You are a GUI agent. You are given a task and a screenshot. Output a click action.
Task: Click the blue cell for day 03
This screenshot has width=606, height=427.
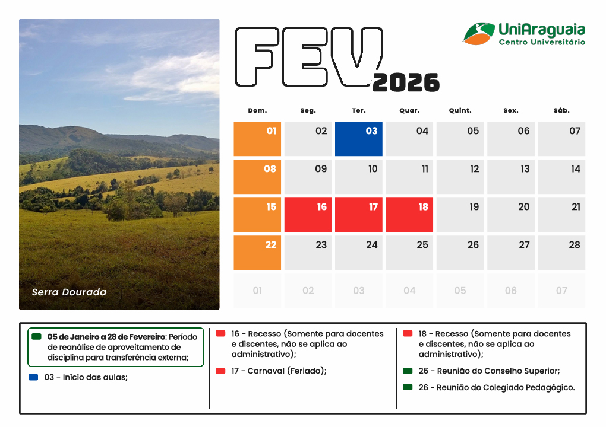pyautogui.click(x=359, y=139)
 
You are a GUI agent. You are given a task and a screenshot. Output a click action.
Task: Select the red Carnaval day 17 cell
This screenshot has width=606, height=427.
pyautogui.click(x=359, y=215)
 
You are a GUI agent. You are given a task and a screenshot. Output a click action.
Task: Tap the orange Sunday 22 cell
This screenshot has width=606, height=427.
pyautogui.click(x=257, y=253)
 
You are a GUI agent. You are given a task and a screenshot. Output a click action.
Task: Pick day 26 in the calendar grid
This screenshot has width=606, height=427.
pyautogui.click(x=460, y=253)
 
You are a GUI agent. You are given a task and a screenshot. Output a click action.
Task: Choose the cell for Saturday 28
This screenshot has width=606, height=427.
pyautogui.click(x=561, y=253)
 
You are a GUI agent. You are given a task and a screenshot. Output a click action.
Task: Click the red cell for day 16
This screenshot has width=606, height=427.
pyautogui.click(x=308, y=215)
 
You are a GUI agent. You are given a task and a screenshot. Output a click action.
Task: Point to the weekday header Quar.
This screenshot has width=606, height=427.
pyautogui.click(x=409, y=110)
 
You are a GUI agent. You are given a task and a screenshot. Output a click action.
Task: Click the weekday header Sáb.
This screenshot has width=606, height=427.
pyautogui.click(x=561, y=110)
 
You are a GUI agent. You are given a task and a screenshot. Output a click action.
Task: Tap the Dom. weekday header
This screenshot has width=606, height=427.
pyautogui.click(x=257, y=110)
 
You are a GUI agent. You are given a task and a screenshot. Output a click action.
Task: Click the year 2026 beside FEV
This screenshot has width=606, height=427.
pyautogui.click(x=406, y=82)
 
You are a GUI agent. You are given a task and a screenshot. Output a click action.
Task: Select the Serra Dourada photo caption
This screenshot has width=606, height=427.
pyautogui.click(x=69, y=292)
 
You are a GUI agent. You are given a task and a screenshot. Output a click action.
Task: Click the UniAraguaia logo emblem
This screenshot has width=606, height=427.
pyautogui.click(x=478, y=33)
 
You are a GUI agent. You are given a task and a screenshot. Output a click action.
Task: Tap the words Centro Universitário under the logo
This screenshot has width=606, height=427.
pyautogui.click(x=542, y=43)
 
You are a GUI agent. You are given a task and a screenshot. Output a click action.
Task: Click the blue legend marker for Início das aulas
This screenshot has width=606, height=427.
pyautogui.click(x=33, y=377)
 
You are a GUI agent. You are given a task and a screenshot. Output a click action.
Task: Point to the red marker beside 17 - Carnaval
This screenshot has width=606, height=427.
pyautogui.click(x=220, y=371)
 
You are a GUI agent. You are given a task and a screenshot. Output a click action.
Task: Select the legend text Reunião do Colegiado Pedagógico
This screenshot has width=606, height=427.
pyautogui.click(x=506, y=388)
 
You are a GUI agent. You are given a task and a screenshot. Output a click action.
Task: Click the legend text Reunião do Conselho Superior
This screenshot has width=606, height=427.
pyautogui.click(x=498, y=371)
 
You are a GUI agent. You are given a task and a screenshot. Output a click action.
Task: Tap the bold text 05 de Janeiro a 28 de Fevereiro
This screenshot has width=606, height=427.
pyautogui.click(x=106, y=336)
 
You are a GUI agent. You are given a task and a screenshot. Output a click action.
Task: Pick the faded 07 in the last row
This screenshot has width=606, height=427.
pyautogui.click(x=561, y=291)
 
